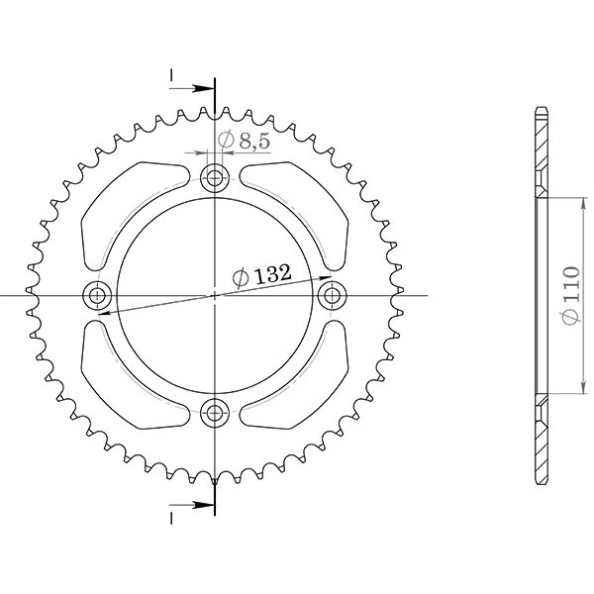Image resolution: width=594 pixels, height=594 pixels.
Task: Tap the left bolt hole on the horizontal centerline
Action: click(98, 295)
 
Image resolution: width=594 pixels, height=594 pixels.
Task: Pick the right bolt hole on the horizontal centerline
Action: click(332, 295)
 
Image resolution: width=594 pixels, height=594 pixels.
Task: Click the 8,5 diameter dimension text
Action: click(244, 142)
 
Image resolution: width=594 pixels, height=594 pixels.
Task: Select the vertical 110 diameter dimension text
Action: click(568, 295)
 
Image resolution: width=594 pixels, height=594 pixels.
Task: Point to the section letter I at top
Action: click(171, 76)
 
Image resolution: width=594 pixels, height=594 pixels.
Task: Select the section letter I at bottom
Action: click(171, 517)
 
